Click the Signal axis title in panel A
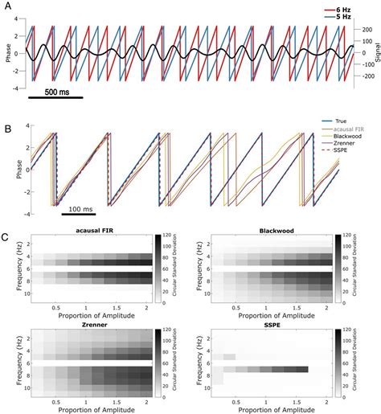pyautogui.click(x=376, y=51)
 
